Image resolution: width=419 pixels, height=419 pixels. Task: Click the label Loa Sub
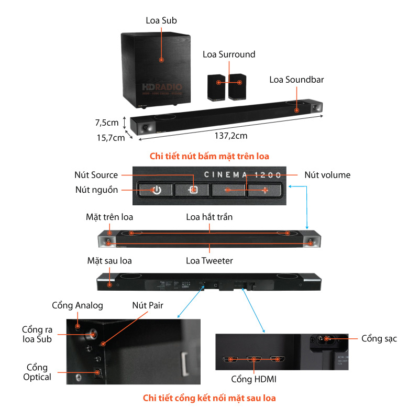click(161, 21)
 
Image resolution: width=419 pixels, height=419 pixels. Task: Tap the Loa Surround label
click(229, 54)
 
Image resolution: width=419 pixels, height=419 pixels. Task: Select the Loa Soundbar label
click(296, 80)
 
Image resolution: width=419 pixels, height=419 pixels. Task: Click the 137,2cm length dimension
click(231, 135)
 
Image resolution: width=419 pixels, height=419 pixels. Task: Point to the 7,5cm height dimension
click(107, 123)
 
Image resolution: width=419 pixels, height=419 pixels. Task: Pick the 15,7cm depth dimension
click(111, 138)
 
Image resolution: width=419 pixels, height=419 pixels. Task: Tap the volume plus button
click(266, 190)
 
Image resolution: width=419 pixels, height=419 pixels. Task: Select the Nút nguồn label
click(96, 190)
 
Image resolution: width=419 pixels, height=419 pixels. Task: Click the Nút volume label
click(327, 175)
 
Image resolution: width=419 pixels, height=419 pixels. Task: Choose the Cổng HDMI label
click(254, 379)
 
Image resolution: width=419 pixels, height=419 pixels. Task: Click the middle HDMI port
click(254, 360)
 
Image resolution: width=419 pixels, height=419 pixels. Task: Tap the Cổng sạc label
click(379, 338)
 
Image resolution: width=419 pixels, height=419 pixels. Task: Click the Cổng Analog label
click(78, 305)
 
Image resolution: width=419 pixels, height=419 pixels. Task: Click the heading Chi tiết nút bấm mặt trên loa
click(210, 156)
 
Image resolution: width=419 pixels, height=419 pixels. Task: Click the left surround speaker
click(216, 87)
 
